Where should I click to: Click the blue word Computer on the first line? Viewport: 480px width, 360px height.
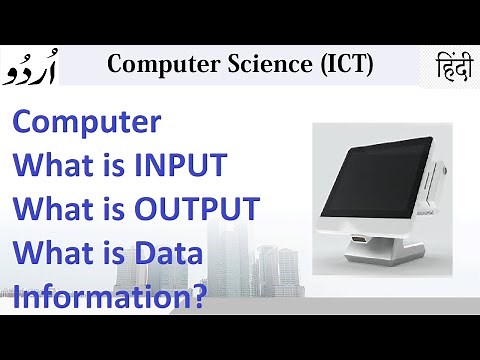pos(86,123)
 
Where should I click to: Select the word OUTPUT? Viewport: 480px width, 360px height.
pos(205,209)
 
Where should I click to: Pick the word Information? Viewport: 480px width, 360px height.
pos(102,296)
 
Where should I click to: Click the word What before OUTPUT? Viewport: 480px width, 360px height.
pos(52,209)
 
